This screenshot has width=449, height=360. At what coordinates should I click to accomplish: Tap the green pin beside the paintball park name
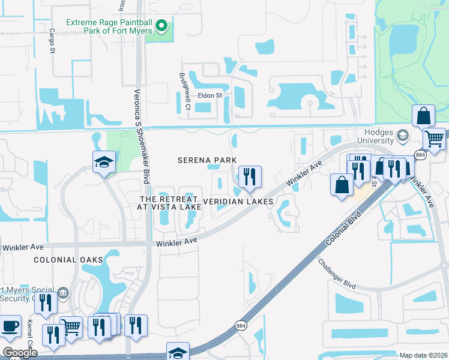pyautogui.click(x=161, y=26)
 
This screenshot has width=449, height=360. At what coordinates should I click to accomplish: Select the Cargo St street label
pyautogui.click(x=52, y=40)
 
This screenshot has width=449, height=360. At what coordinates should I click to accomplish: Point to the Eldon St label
pyautogui.click(x=210, y=95)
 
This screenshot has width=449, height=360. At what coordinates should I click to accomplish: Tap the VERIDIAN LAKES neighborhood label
pyautogui.click(x=238, y=202)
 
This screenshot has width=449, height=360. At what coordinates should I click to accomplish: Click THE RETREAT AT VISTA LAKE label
pyautogui.click(x=170, y=203)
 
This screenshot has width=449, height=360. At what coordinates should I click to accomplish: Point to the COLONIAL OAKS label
pyautogui.click(x=68, y=260)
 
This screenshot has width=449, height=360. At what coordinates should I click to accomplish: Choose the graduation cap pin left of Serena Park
pyautogui.click(x=103, y=161)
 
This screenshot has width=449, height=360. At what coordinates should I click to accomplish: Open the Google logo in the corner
pyautogui.click(x=19, y=353)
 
